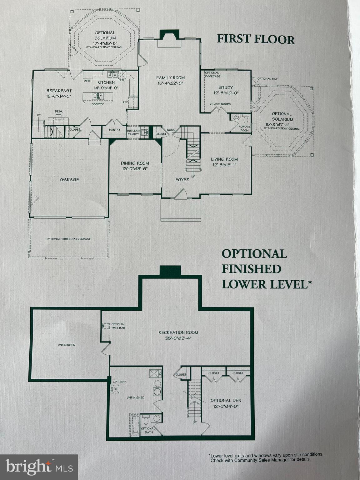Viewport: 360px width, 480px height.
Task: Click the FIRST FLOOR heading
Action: [256, 39]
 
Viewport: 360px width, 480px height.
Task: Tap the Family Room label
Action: [170, 78]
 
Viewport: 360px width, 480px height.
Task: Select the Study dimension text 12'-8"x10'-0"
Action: [226, 93]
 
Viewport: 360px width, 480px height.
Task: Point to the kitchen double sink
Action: [112, 75]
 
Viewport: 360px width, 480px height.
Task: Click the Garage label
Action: [69, 180]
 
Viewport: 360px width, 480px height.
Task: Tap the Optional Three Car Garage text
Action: [69, 239]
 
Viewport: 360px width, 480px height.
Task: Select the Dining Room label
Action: [135, 163]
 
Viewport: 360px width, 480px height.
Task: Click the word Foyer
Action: [182, 180]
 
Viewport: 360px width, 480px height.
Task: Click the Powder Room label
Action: [244, 128]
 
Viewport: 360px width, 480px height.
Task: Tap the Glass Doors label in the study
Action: [221, 104]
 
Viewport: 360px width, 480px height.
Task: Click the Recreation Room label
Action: [178, 332]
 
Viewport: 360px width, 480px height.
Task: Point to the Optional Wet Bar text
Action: [118, 326]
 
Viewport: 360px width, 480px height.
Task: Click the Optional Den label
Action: [226, 401]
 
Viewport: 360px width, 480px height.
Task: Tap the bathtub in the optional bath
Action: [135, 425]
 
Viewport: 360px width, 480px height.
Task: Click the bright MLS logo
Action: [39, 467]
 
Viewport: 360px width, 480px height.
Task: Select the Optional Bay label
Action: [267, 79]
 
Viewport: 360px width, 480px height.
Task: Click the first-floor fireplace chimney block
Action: [169, 34]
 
